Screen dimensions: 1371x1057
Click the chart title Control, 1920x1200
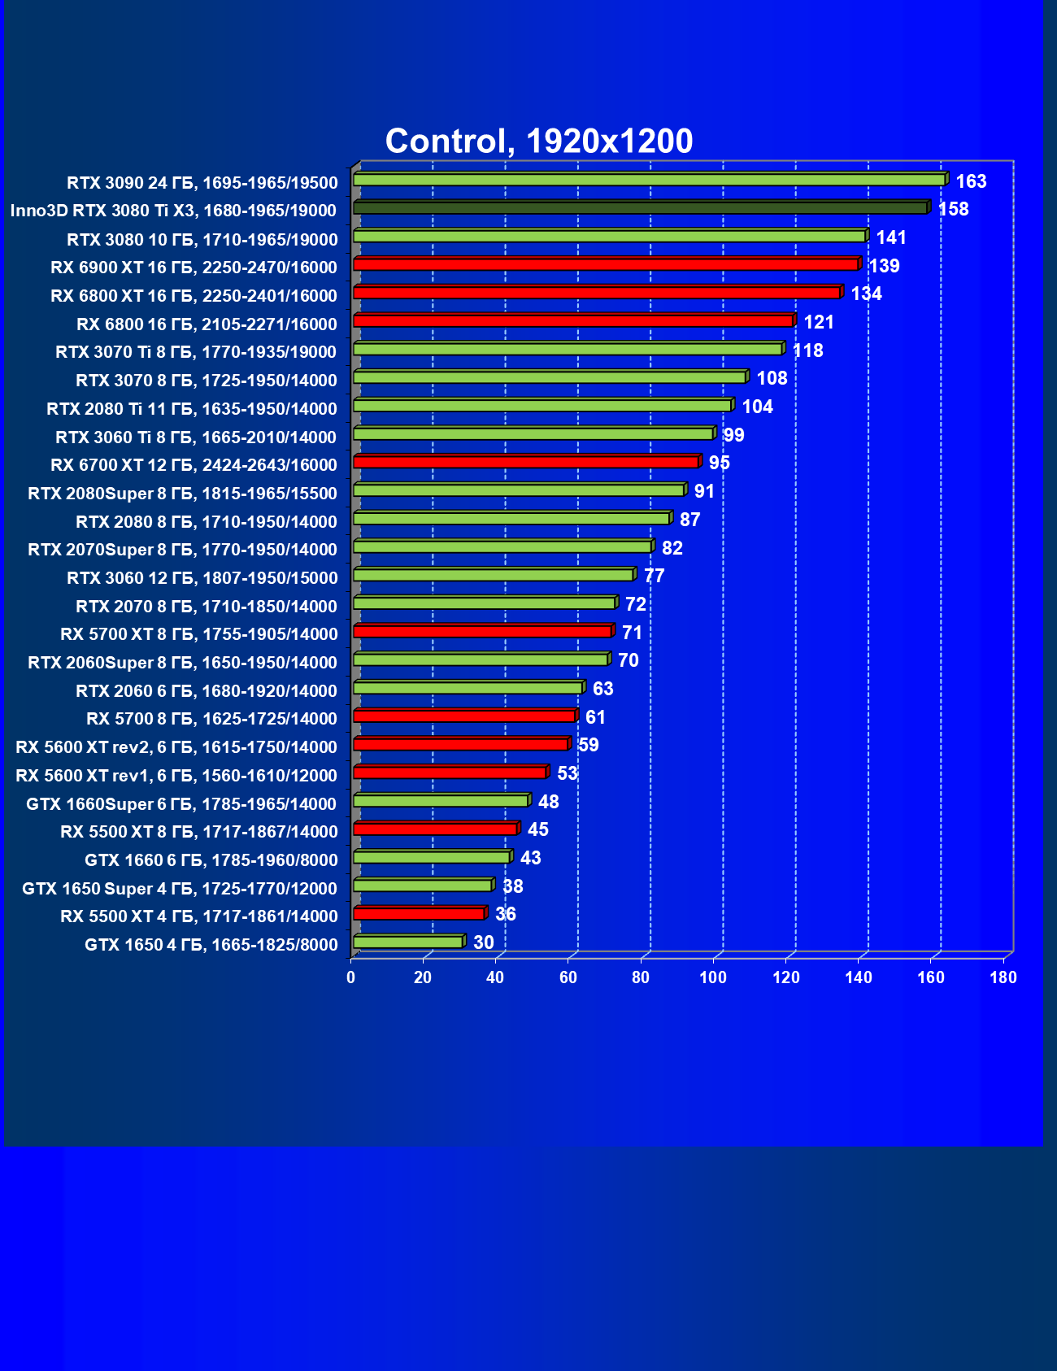click(538, 141)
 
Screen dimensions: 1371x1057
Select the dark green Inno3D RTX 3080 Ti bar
click(641, 208)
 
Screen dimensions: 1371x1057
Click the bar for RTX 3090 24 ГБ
click(649, 180)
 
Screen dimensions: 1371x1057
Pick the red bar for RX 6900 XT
click(606, 264)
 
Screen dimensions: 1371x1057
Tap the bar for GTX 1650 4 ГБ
click(408, 942)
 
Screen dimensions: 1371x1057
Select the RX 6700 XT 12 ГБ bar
click(526, 462)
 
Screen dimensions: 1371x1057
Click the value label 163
click(971, 181)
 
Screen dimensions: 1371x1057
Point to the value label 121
click(819, 322)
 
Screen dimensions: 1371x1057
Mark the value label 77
click(654, 576)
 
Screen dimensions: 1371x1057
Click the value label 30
click(483, 942)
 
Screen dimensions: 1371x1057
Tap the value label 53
click(567, 773)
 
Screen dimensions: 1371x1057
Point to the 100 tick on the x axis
click(713, 977)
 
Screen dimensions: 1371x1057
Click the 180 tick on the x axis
click(1003, 977)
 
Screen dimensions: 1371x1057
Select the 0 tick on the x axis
click(351, 977)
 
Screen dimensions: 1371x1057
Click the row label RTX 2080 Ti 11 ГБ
click(192, 408)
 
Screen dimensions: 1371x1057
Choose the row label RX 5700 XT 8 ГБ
click(198, 634)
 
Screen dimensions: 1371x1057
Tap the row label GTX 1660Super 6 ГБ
click(181, 803)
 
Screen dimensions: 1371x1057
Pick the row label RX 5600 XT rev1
click(176, 775)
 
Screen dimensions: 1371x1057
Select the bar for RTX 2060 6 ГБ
click(468, 688)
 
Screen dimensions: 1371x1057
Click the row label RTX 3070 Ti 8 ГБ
click(196, 352)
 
